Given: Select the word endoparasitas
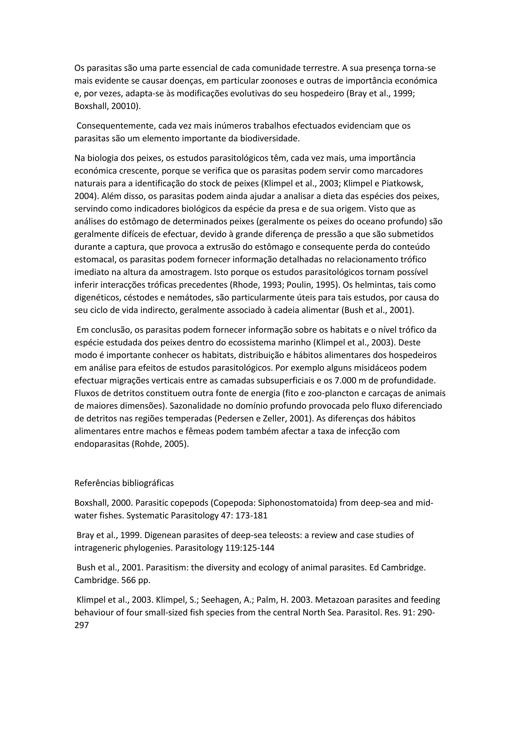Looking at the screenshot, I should (x=102, y=444).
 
